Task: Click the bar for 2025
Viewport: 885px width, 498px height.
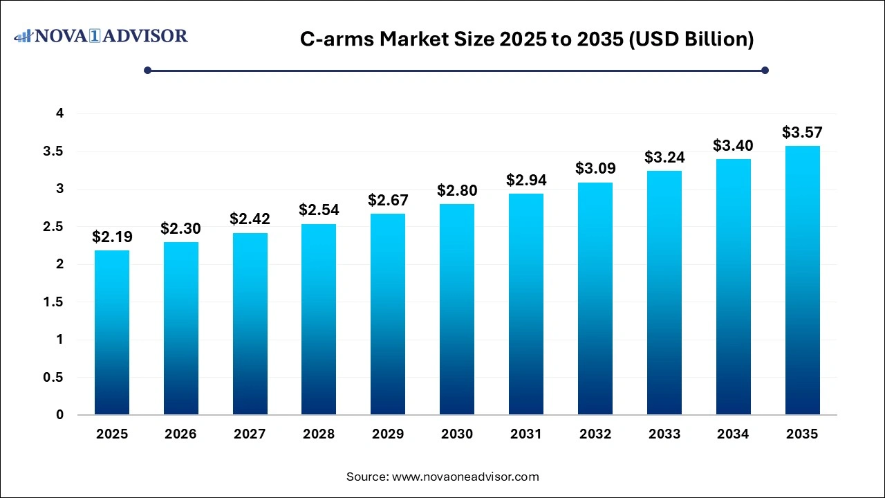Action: point(111,332)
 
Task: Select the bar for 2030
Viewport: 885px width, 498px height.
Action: point(457,309)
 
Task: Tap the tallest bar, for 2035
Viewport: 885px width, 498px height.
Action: point(802,280)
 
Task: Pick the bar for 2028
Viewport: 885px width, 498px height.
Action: point(319,319)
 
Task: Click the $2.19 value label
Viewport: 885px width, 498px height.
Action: point(112,237)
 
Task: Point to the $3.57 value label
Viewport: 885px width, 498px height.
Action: point(802,132)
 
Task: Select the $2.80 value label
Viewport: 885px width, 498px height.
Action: point(457,191)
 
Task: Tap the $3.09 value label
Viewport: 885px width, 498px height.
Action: point(595,169)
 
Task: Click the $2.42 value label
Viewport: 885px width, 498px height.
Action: point(250,219)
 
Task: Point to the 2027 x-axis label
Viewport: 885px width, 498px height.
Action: point(250,434)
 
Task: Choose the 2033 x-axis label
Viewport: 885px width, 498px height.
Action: point(664,434)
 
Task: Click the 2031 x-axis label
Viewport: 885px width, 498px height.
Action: point(526,434)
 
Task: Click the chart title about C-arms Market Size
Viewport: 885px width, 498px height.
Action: point(527,39)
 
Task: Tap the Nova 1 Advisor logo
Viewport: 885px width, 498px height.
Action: point(101,35)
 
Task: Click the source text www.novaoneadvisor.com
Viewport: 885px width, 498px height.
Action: point(442,477)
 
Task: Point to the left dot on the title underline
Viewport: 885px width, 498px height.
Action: point(147,70)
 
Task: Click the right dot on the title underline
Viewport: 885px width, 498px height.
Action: point(765,70)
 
